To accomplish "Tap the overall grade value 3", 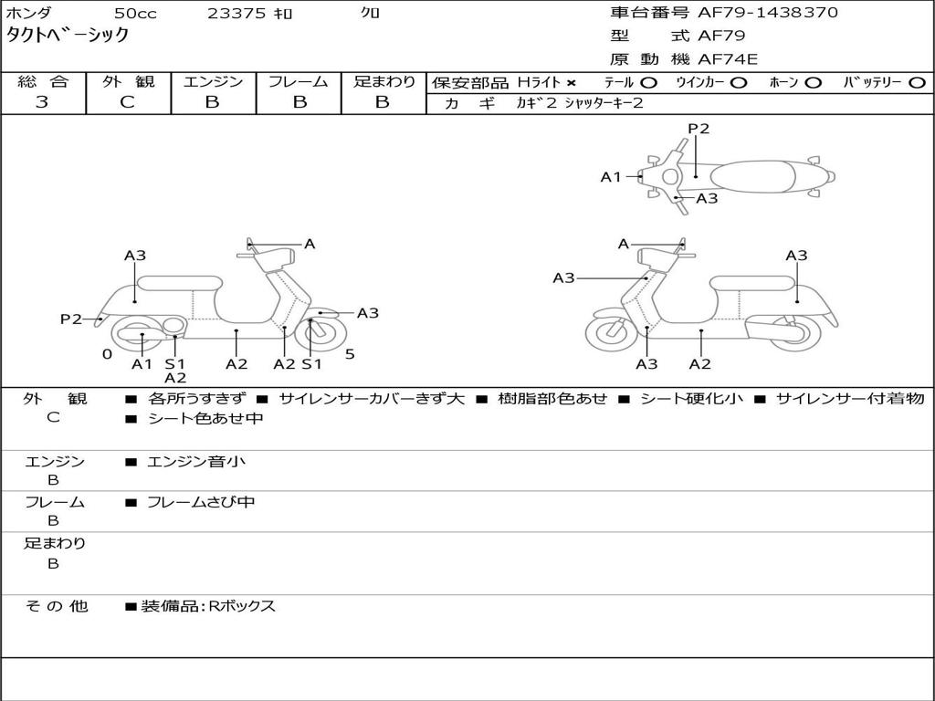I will [42, 102].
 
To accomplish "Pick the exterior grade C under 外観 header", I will [127, 102].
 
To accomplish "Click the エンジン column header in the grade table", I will [213, 82].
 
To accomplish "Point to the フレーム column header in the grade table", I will [299, 82].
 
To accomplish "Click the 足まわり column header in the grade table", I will [384, 82].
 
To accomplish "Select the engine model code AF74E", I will [728, 60].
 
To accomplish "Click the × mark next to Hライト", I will [571, 83].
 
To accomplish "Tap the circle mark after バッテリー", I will [917, 83].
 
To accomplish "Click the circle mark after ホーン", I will [813, 83].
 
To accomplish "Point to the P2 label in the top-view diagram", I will [699, 129].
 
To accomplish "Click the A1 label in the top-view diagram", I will [610, 177].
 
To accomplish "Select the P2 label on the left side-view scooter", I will [71, 319].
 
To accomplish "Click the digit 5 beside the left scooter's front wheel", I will [350, 354].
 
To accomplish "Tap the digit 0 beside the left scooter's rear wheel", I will [107, 354].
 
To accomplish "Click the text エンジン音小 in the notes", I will [196, 462].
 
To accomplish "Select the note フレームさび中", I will [201, 502].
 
